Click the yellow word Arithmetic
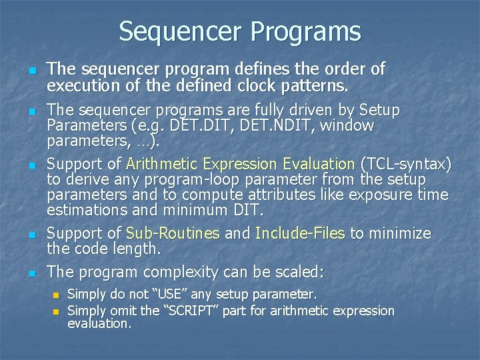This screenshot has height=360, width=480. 163,164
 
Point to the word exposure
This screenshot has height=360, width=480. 374,195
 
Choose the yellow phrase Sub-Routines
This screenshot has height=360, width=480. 173,233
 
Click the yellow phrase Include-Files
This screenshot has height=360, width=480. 300,233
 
